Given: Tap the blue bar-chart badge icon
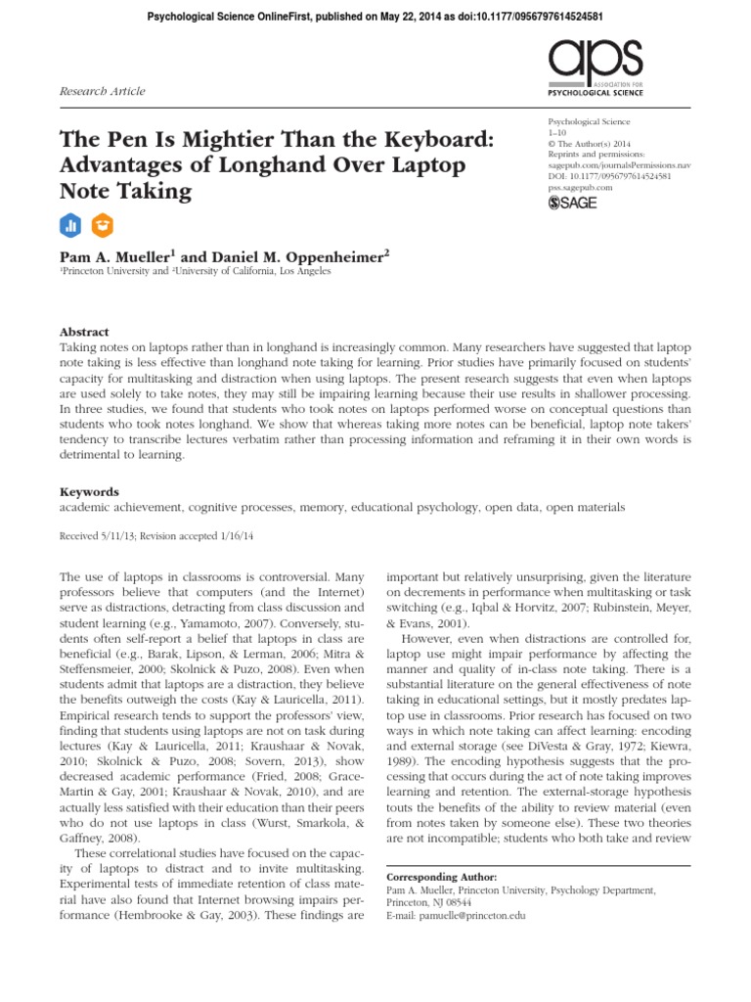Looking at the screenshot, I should (69, 224).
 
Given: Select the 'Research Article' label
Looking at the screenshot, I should (103, 91).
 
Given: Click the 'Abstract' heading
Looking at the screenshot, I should (85, 332).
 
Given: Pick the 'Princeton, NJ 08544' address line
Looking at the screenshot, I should (431, 903).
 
